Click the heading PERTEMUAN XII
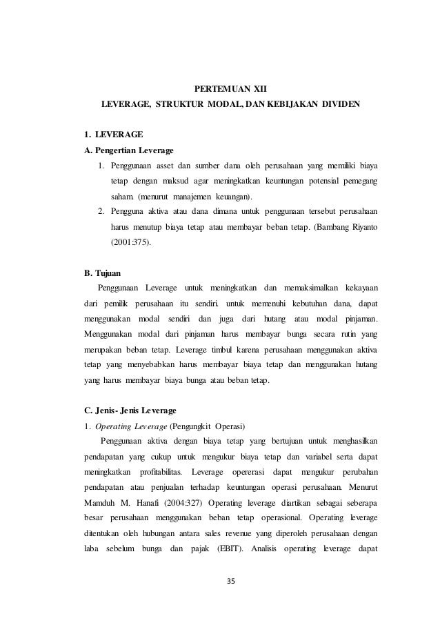point(227,90)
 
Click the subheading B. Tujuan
point(101,273)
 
